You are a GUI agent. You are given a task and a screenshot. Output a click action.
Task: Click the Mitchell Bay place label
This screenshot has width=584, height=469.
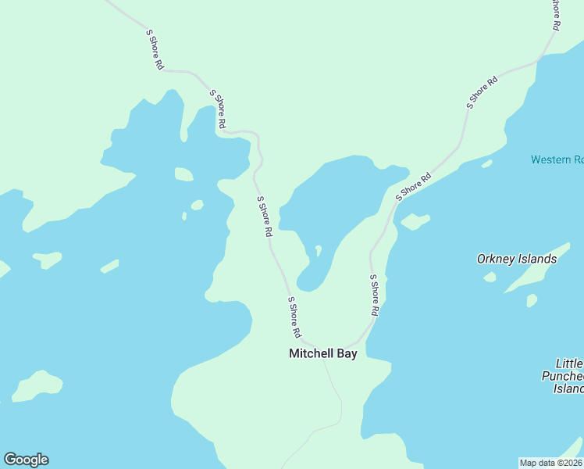322,353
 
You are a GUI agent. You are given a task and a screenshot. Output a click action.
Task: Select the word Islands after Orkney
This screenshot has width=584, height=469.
538,259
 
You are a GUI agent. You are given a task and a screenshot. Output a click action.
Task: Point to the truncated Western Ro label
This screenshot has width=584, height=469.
557,159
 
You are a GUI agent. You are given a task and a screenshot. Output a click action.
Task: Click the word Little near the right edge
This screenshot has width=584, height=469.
568,364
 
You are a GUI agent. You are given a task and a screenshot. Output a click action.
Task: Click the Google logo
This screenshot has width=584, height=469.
26,460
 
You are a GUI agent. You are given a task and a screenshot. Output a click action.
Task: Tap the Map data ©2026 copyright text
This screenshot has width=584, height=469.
550,463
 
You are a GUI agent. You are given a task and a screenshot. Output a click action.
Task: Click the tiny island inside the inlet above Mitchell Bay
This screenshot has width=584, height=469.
318,250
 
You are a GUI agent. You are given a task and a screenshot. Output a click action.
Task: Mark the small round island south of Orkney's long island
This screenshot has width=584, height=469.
532,300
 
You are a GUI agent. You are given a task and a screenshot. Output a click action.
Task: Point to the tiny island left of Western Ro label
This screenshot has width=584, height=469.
486,163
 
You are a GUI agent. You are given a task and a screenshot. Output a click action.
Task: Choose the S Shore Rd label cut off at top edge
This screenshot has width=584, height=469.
554,13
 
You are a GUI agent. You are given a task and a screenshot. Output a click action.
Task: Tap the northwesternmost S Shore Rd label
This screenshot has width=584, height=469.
155,50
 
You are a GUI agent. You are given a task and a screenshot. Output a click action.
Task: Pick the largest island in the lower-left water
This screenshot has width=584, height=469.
37,385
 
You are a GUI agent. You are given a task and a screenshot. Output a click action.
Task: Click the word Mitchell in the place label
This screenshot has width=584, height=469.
309,353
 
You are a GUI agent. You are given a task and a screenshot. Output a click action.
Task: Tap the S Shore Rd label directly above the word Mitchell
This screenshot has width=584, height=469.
294,317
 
